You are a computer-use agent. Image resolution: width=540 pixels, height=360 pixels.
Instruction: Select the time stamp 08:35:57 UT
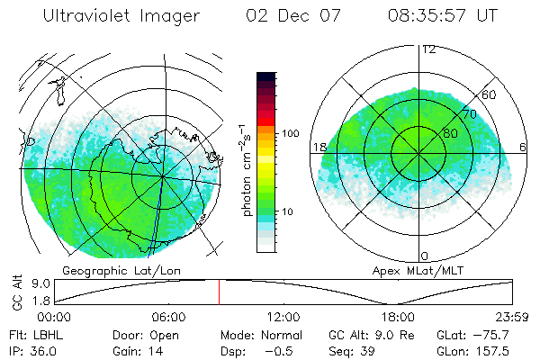(442, 15)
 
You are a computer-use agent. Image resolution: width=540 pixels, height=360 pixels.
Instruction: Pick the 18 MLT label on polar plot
(319, 147)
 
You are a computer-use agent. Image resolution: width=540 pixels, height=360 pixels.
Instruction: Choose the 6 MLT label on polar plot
(524, 147)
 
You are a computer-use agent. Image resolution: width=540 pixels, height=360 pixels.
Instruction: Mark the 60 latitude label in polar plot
(490, 94)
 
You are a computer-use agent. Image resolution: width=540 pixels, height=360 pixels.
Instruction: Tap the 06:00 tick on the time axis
(168, 317)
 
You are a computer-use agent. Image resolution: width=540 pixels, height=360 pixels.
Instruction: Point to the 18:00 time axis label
(399, 317)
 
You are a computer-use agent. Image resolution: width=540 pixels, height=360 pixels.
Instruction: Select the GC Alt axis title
(18, 292)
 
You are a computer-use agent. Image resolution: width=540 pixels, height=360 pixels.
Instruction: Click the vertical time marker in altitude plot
(219, 292)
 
